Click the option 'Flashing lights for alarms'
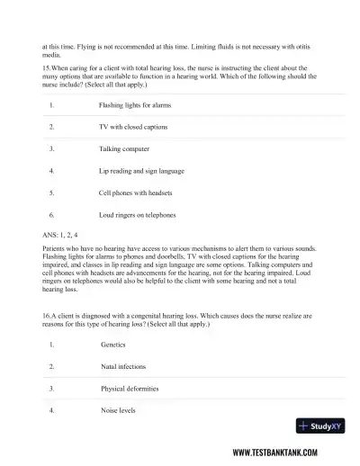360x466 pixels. pyautogui.click(x=134, y=105)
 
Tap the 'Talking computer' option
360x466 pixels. pyautogui.click(x=124, y=148)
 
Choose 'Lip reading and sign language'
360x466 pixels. pyautogui.click(x=141, y=170)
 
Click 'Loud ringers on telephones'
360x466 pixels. pyautogui.click(x=137, y=214)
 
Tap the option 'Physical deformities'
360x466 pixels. pyautogui.click(x=130, y=388)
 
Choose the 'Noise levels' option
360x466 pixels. pyautogui.click(x=120, y=409)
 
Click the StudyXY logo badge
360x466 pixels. pyautogui.click(x=316, y=425)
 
